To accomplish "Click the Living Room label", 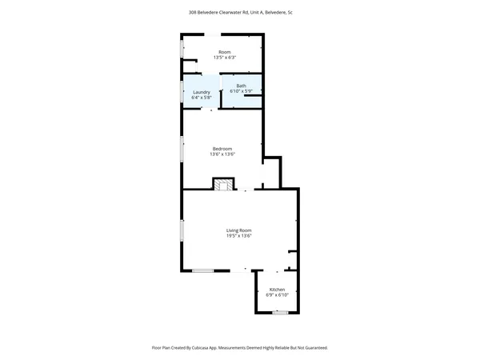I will pos(239,230).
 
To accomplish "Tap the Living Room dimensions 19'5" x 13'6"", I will pos(239,236).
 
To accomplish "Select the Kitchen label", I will pos(277,290).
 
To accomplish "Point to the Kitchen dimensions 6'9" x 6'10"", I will pos(277,295).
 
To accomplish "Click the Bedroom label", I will pos(222,149).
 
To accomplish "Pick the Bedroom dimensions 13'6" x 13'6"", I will pos(222,154).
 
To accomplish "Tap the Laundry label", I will pos(202,92).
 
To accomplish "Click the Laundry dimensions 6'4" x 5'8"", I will pos(202,98).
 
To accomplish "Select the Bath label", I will pos(241,86).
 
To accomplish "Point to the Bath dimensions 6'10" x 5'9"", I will pos(241,91).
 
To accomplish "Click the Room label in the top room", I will pos(224,52).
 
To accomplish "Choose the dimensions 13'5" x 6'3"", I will pos(224,58).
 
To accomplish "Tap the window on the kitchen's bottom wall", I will pos(279,312).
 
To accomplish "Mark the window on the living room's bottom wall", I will pos(202,271).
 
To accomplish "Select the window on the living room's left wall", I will pos(182,230).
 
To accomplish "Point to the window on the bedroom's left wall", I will pos(182,150).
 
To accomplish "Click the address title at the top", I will pos(239,13).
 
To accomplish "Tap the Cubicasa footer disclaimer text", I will pos(239,348).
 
